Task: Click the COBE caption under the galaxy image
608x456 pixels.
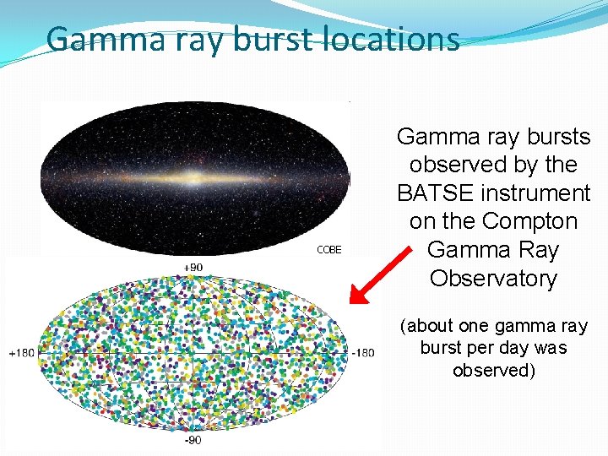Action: pyautogui.click(x=328, y=250)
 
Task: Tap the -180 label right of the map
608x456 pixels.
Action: pyautogui.click(x=363, y=352)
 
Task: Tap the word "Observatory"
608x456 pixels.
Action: pyautogui.click(x=493, y=279)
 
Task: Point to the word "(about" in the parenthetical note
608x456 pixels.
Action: pyautogui.click(x=425, y=326)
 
